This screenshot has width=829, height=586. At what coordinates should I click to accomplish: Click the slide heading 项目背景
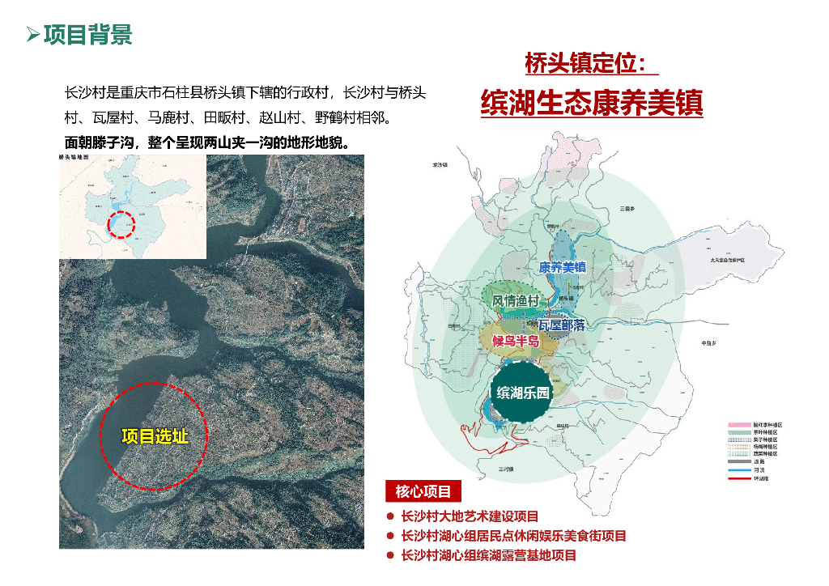[x=88, y=35]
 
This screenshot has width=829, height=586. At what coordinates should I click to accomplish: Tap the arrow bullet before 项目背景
[x=32, y=35]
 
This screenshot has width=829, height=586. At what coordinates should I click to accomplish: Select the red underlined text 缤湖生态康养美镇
[x=592, y=103]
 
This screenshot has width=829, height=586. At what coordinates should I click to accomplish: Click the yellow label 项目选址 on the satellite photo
[x=155, y=436]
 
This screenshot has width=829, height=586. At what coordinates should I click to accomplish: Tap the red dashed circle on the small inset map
[x=121, y=224]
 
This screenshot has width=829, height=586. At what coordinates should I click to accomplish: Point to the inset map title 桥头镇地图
[x=77, y=159]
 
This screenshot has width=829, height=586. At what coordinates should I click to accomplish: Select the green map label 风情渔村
[x=517, y=300]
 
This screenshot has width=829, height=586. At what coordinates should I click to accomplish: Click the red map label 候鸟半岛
[x=517, y=341]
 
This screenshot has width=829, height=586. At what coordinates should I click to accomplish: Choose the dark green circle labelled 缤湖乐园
[x=523, y=393]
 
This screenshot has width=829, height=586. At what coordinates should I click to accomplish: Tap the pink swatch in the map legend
[x=740, y=425]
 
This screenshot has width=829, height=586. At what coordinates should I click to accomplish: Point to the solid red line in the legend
[x=740, y=478]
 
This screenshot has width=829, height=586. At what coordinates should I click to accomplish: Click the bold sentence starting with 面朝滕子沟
[x=206, y=142]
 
